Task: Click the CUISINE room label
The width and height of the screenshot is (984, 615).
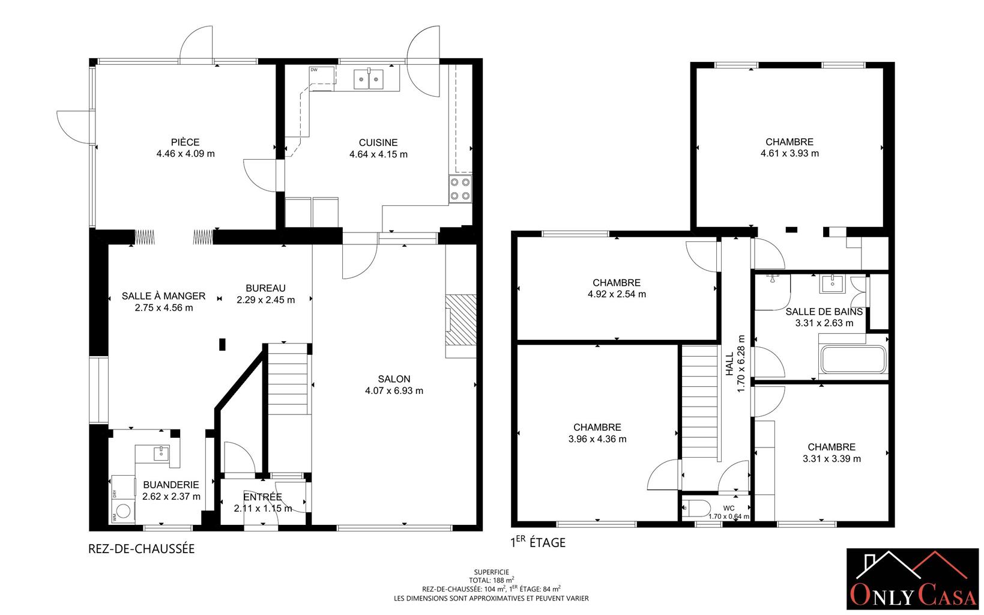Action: click(x=378, y=142)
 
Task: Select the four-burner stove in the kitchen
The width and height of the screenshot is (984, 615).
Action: click(x=460, y=189)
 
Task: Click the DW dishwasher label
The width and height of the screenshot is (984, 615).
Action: click(x=313, y=70)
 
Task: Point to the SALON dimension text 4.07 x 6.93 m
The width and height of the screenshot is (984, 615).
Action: click(x=394, y=390)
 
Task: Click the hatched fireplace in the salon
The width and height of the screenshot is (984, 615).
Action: click(x=461, y=320)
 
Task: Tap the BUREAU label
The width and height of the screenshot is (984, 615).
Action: click(x=265, y=288)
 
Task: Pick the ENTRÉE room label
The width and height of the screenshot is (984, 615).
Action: click(x=262, y=497)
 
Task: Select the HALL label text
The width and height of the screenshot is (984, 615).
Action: click(x=729, y=364)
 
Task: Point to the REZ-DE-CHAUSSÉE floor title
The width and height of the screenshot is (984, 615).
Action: click(x=142, y=548)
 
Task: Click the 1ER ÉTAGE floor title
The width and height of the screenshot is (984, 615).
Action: click(x=538, y=542)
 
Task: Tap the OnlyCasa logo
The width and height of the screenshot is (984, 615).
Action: click(x=913, y=578)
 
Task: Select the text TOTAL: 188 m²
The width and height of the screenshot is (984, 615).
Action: click(x=492, y=580)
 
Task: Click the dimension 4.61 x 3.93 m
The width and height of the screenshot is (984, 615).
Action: click(x=789, y=153)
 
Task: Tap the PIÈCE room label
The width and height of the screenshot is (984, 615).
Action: click(x=186, y=142)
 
